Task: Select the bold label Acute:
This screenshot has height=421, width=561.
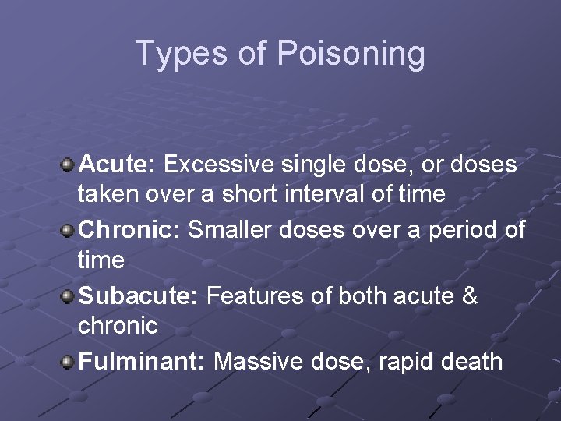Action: pos(118,165)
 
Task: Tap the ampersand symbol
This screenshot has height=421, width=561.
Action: pos(470,296)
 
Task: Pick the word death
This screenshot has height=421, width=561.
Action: pos(475,362)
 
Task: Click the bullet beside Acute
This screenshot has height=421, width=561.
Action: pos(68,165)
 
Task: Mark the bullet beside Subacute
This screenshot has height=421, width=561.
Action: pos(68,297)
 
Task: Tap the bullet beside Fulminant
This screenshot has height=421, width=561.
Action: pos(68,363)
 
